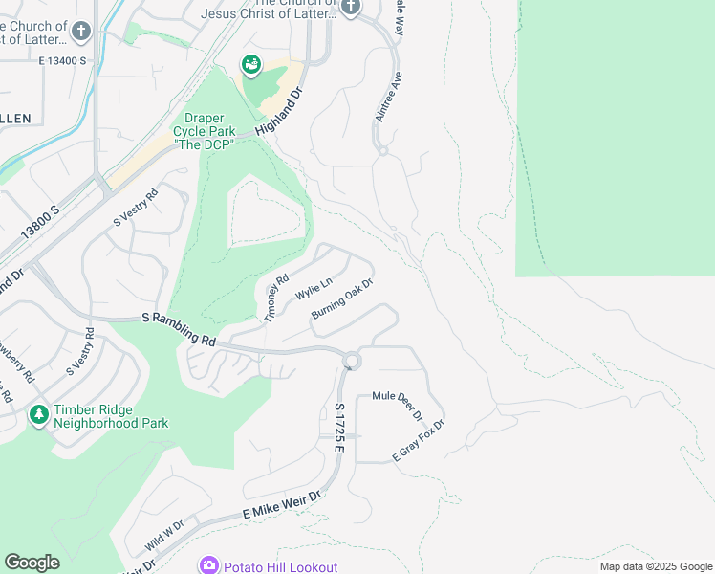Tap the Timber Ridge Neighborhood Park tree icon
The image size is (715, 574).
(x=39, y=415)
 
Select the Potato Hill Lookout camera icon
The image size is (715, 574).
(x=209, y=565)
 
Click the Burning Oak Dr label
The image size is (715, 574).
(x=341, y=299)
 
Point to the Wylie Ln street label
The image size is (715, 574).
(x=314, y=288)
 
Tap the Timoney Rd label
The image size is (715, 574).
(x=276, y=298)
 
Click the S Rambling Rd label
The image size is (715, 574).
(x=179, y=327)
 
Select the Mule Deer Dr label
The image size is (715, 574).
(x=398, y=405)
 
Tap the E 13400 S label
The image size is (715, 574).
(x=63, y=60)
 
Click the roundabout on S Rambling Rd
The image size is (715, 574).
(x=352, y=361)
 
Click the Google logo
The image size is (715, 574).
(x=32, y=563)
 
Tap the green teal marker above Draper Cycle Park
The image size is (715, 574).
(x=251, y=65)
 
